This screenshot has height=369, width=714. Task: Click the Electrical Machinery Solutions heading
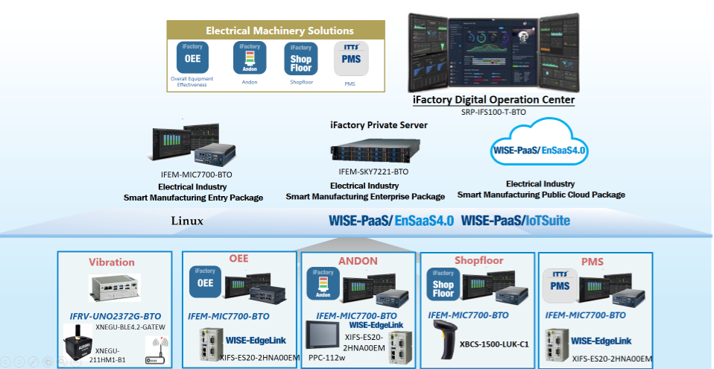[279, 31]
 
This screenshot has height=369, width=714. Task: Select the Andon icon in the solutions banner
[250, 57]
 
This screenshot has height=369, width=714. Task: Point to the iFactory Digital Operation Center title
[494, 100]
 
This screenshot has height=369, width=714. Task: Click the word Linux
[187, 221]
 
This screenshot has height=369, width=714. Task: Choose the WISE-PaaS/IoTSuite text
[516, 221]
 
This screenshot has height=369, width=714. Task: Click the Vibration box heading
[112, 262]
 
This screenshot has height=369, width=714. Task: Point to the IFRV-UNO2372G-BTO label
[116, 316]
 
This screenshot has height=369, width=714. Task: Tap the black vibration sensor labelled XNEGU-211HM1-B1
[78, 345]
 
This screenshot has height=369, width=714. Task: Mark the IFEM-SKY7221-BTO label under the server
[370, 172]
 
